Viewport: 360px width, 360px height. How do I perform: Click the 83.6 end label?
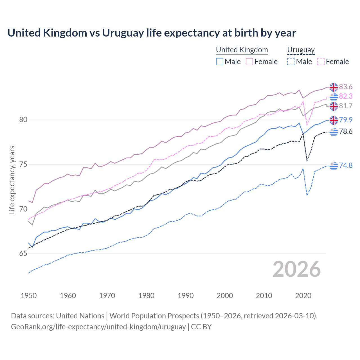346,87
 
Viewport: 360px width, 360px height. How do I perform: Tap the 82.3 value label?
346,96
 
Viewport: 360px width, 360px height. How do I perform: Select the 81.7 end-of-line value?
346,106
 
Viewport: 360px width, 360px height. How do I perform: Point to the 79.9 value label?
346,120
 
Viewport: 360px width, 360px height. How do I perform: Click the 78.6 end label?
346,131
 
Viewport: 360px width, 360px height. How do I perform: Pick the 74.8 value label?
346,165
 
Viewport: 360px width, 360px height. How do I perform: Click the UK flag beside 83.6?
334,87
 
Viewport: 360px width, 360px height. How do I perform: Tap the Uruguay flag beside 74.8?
334,166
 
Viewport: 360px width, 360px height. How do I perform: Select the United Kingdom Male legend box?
220,62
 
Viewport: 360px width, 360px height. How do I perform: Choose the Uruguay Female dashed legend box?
321,62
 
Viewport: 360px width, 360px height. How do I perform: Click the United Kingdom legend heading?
242,50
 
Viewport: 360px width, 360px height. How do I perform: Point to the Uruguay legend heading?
301,50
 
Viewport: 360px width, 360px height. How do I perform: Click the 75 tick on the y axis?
23,164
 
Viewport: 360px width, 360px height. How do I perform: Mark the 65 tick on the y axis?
23,254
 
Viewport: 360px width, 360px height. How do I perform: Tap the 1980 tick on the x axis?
146,296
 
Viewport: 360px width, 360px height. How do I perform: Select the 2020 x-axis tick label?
303,296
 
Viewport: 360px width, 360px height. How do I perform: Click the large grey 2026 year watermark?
296,269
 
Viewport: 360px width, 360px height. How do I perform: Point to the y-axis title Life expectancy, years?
12,180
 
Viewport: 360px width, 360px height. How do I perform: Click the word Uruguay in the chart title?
123,33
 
